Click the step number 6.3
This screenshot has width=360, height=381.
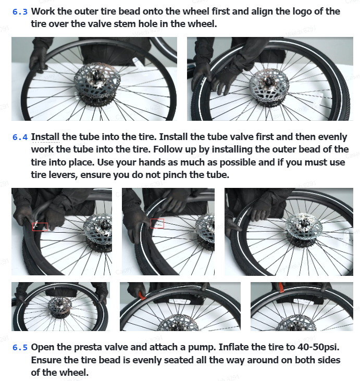coord(20,11)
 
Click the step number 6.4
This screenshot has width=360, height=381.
coord(20,137)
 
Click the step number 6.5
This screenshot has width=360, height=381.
coord(20,347)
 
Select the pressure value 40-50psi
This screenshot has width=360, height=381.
coord(318,347)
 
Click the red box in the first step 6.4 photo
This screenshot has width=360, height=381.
coord(40,227)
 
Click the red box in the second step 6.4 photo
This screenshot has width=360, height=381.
coord(157,223)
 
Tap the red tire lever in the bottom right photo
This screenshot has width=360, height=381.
coord(281,287)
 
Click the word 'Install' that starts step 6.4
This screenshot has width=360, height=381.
coord(45,137)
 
